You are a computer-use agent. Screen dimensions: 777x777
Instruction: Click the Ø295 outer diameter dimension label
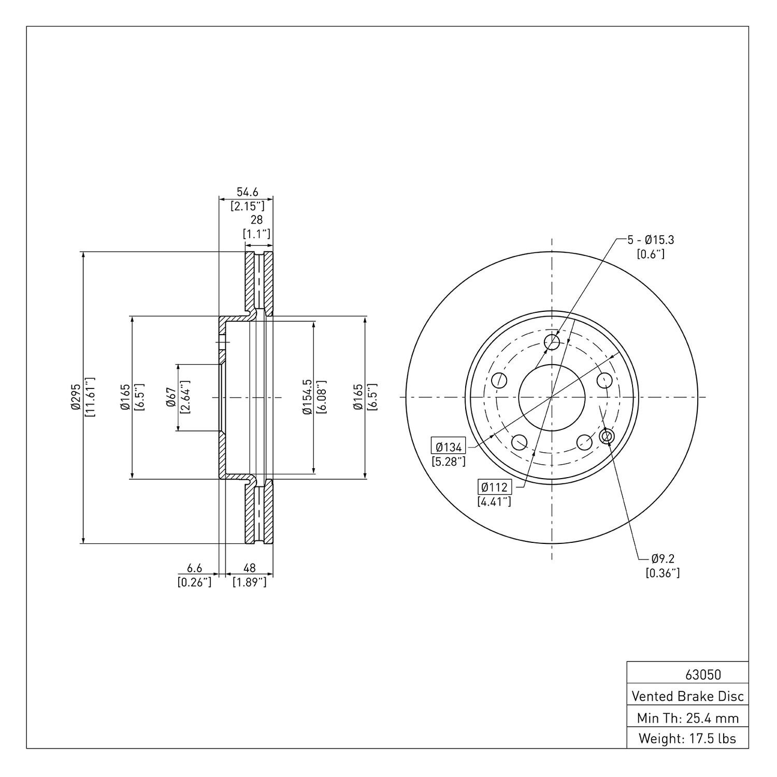point(76,397)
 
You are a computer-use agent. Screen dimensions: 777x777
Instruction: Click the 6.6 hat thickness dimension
point(194,569)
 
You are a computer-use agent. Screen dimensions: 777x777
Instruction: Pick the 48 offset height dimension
point(250,569)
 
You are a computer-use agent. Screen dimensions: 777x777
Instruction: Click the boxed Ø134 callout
point(449,446)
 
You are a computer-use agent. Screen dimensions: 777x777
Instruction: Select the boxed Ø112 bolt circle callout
point(494,487)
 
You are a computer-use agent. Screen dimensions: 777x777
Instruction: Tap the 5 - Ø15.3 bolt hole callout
point(651,240)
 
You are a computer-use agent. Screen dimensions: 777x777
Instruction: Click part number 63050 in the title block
point(703,675)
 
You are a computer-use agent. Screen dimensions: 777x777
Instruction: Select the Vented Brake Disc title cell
point(687,696)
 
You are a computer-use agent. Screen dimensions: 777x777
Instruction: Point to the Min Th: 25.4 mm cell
point(687,718)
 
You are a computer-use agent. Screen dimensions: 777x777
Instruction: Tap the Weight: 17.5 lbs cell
point(687,739)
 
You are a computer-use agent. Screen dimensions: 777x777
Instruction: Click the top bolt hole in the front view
point(552,341)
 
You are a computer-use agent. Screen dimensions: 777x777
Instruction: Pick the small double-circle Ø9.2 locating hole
point(607,437)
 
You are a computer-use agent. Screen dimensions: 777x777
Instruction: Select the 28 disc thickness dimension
point(256,220)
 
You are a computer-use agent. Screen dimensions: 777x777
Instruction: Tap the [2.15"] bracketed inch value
point(251,206)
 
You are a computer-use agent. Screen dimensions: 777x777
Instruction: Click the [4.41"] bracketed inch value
point(494,501)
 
